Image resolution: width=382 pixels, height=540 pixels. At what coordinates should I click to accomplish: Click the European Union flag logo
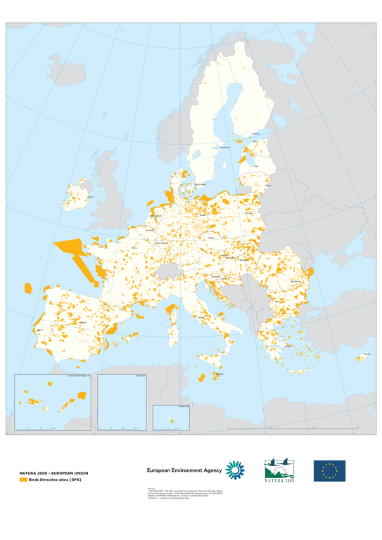point(329,470)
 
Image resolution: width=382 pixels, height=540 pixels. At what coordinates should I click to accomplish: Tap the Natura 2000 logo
point(279,470)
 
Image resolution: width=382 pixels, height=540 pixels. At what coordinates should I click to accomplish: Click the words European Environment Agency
point(184,470)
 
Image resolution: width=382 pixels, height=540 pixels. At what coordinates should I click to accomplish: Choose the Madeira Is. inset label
point(182,406)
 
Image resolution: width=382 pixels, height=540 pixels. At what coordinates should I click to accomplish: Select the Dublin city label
point(89,197)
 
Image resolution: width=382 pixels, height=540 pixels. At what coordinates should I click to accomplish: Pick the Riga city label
point(256,167)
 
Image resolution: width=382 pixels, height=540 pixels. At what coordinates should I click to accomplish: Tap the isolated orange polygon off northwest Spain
point(28,288)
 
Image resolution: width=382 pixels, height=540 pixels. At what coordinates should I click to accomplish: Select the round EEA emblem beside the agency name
point(234,469)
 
